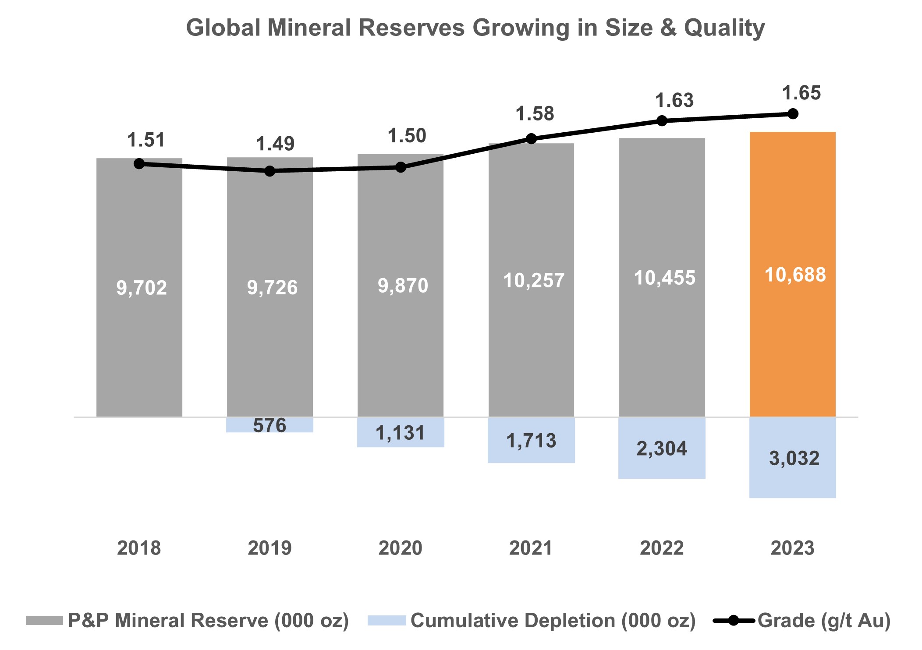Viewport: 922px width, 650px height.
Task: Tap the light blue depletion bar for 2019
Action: (x=270, y=425)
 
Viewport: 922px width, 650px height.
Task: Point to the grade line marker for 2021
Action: (x=531, y=139)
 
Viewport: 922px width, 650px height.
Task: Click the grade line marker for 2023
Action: (x=792, y=114)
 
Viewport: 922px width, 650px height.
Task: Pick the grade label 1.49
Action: (x=275, y=144)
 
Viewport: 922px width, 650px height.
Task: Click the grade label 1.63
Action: (x=674, y=101)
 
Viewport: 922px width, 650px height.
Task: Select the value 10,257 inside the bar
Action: (x=533, y=280)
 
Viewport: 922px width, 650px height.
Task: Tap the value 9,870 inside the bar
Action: (x=403, y=286)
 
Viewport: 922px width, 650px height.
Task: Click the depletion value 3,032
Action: (x=794, y=458)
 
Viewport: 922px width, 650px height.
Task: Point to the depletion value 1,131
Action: (x=400, y=433)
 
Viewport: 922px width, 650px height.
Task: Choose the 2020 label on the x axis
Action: (x=400, y=548)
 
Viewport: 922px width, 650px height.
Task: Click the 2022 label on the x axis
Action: (x=661, y=548)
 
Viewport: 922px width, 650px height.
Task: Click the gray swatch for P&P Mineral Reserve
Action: (x=44, y=621)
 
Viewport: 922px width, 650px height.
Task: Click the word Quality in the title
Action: (x=724, y=28)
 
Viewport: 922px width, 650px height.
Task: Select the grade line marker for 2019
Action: (x=270, y=171)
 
